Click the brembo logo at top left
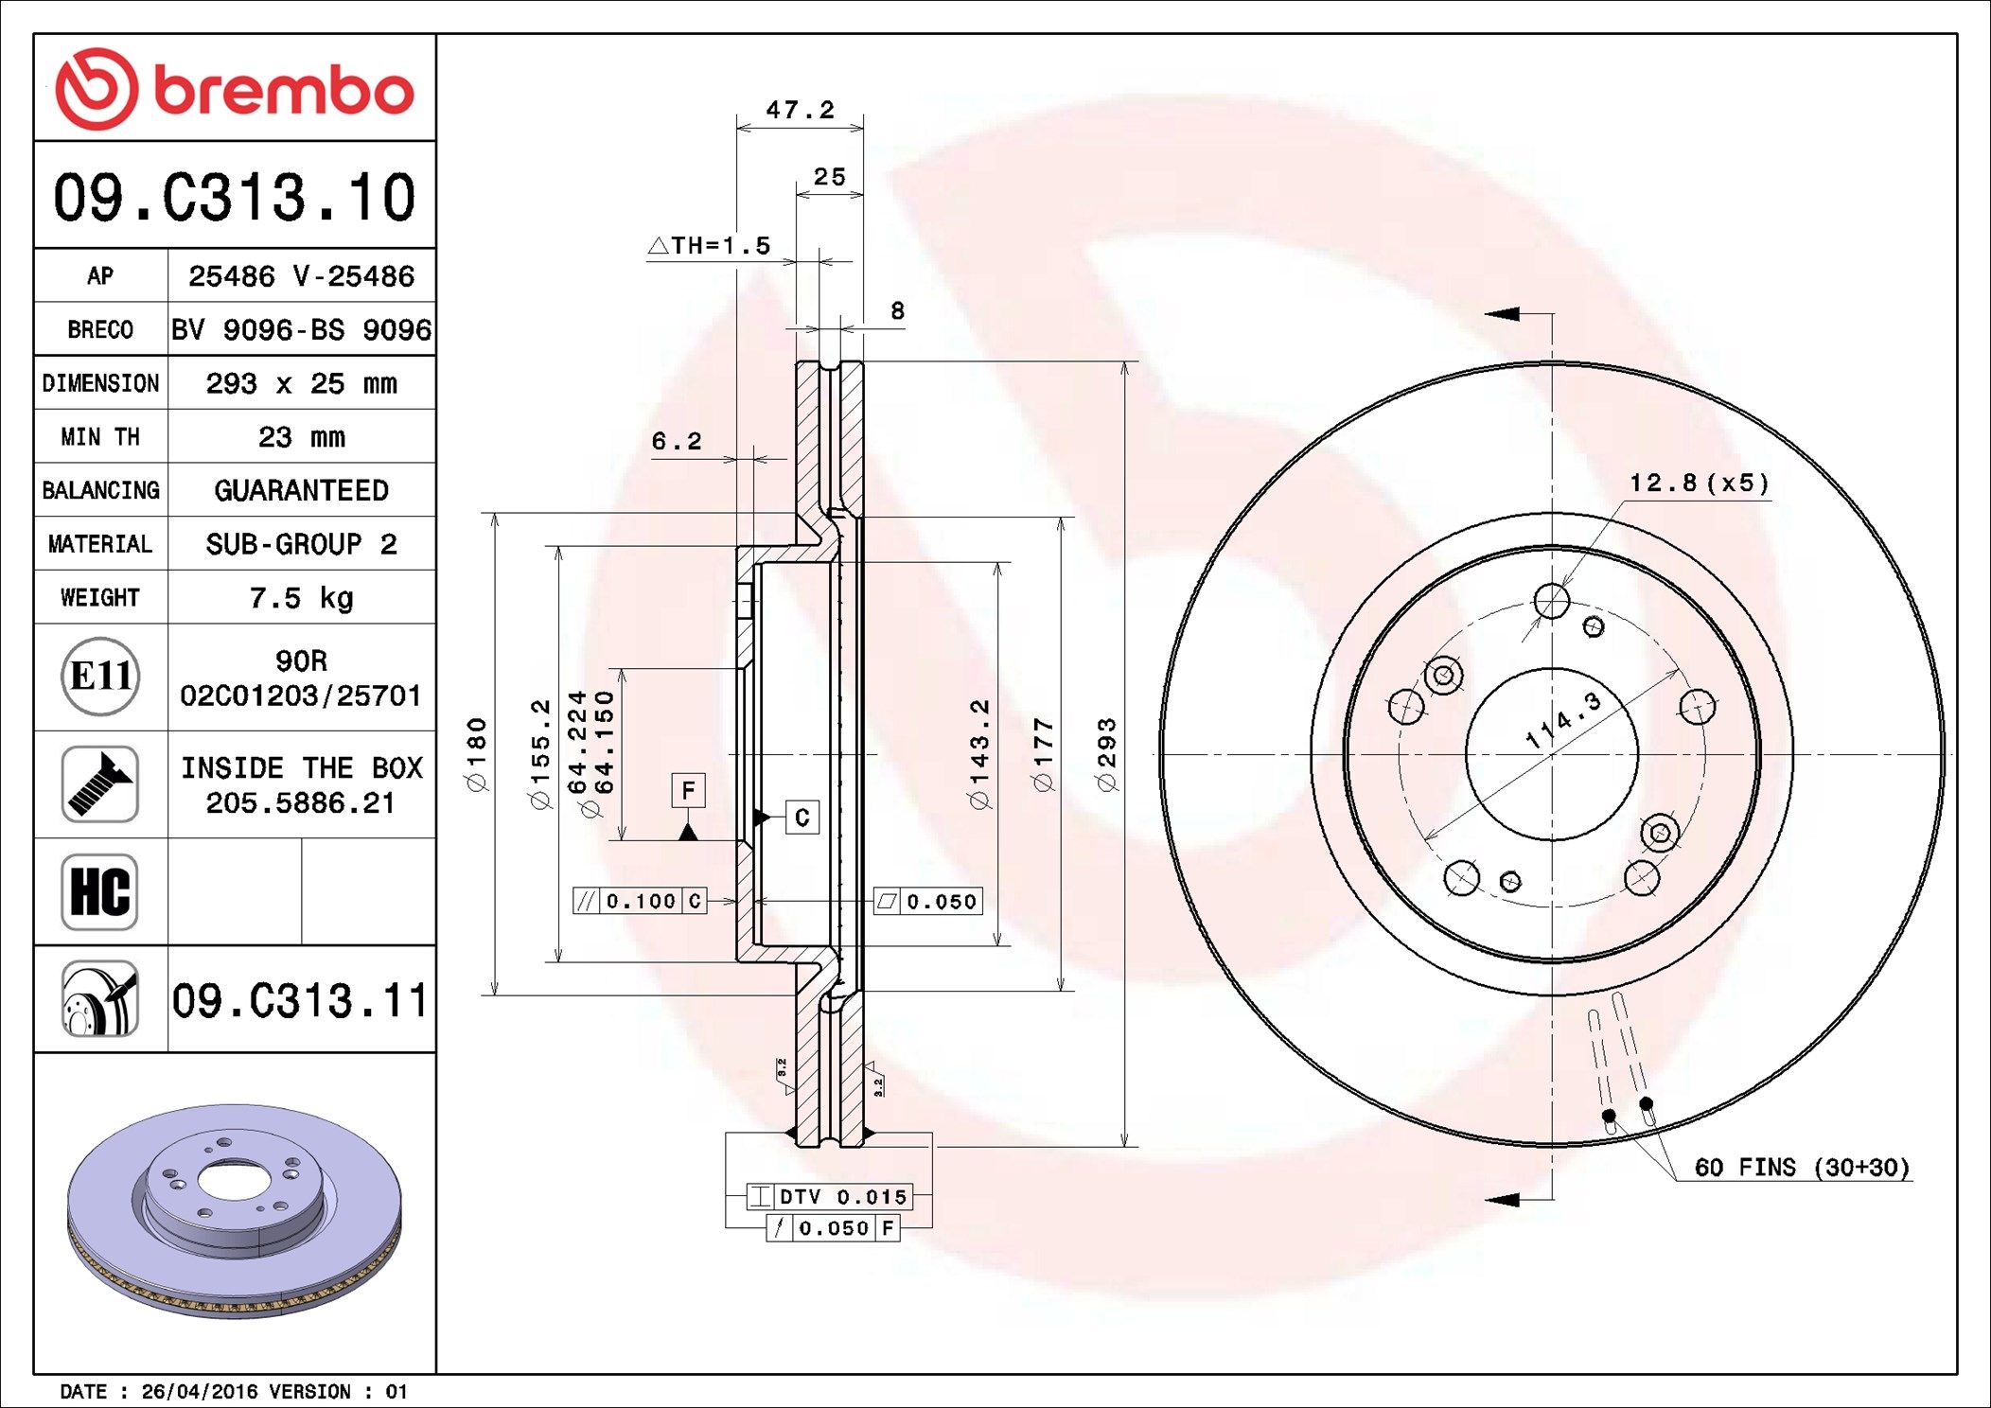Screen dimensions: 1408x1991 tap(234, 89)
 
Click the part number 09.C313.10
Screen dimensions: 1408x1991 tap(234, 197)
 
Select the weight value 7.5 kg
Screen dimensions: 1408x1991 tap(301, 598)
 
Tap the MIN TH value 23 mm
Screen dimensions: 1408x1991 tap(301, 437)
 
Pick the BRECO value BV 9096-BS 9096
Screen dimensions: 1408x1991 tap(301, 330)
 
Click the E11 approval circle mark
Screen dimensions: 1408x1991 tap(100, 677)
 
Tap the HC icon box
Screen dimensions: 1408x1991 tap(100, 891)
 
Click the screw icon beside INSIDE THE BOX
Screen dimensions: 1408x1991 tap(100, 784)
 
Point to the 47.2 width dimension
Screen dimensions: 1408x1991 tap(800, 111)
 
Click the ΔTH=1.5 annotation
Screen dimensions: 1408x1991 tap(710, 246)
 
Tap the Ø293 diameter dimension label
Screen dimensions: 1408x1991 tap(1106, 754)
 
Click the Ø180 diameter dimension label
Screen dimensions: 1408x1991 tap(476, 754)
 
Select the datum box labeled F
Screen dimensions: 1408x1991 tap(688, 790)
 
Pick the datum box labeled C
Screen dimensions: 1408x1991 tap(802, 817)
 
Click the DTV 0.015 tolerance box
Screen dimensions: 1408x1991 tap(830, 1197)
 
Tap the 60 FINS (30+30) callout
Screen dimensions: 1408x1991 tap(1802, 1168)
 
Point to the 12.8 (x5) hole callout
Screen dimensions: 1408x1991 tap(1698, 484)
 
